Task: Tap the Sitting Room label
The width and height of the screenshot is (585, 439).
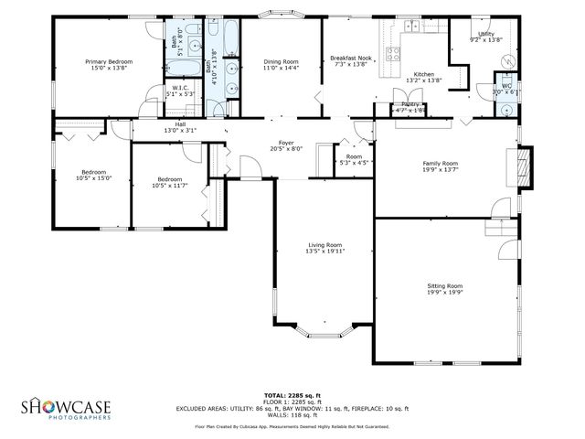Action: (x=444, y=285)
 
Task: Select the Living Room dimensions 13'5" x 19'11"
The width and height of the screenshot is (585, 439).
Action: (x=324, y=252)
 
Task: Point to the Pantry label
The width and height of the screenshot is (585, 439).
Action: (x=409, y=104)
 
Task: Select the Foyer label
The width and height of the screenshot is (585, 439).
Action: (x=286, y=143)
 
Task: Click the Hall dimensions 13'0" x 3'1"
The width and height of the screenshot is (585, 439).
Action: (x=180, y=131)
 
